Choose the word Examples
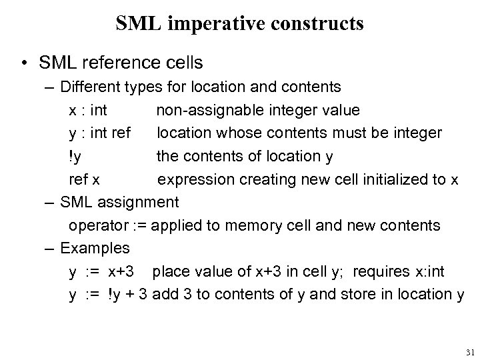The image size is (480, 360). tap(95, 248)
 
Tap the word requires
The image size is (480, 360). tap(379, 271)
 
